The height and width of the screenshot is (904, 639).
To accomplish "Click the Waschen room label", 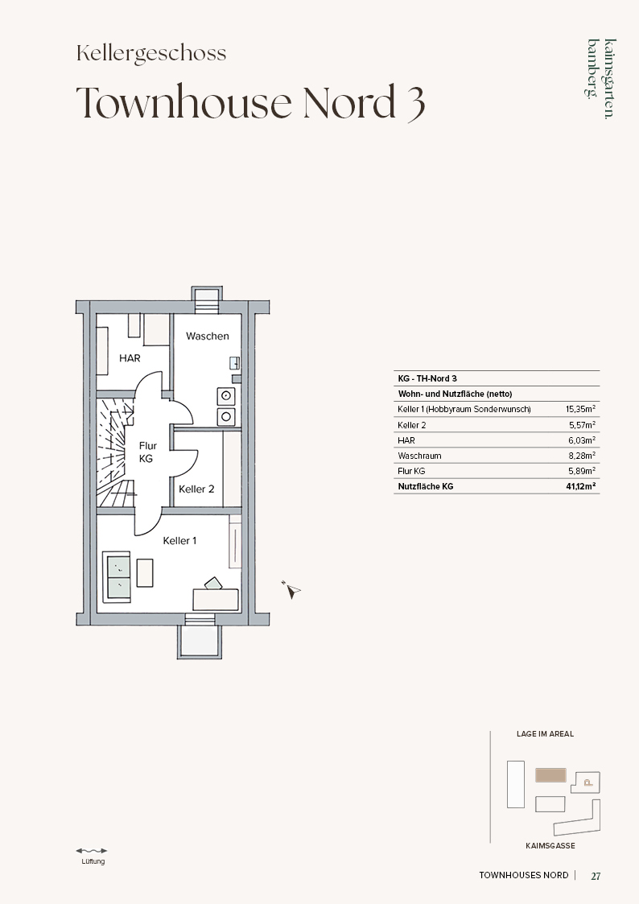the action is click(x=208, y=336).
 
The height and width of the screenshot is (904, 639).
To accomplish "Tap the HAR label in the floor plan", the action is click(x=130, y=358).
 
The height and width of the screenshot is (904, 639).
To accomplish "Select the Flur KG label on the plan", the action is click(x=147, y=452).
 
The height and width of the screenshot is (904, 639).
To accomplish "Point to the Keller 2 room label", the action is click(x=196, y=489).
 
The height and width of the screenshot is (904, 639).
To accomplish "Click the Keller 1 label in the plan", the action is click(x=179, y=541).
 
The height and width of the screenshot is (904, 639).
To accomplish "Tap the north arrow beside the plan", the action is click(x=291, y=590).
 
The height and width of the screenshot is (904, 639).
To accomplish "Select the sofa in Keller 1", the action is click(x=117, y=576).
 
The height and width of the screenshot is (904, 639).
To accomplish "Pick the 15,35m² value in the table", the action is click(x=580, y=409).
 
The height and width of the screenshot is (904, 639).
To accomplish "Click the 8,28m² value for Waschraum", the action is click(x=582, y=456).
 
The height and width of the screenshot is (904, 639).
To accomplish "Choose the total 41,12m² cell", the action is click(x=581, y=486).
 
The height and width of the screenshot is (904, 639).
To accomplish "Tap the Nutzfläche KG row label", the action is click(x=426, y=486).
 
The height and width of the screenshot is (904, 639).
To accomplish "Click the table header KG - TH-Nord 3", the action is click(x=427, y=378).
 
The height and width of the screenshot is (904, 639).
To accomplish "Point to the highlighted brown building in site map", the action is click(x=550, y=775).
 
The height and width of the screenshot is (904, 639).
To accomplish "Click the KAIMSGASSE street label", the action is click(x=550, y=846).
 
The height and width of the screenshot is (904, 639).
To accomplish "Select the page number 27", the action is click(x=596, y=876).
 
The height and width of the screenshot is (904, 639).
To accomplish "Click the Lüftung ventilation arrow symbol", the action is click(x=92, y=850).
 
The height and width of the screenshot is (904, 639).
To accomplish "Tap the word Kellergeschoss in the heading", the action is click(x=151, y=53).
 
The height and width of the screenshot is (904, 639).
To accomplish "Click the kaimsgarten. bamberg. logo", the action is click(x=601, y=78).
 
